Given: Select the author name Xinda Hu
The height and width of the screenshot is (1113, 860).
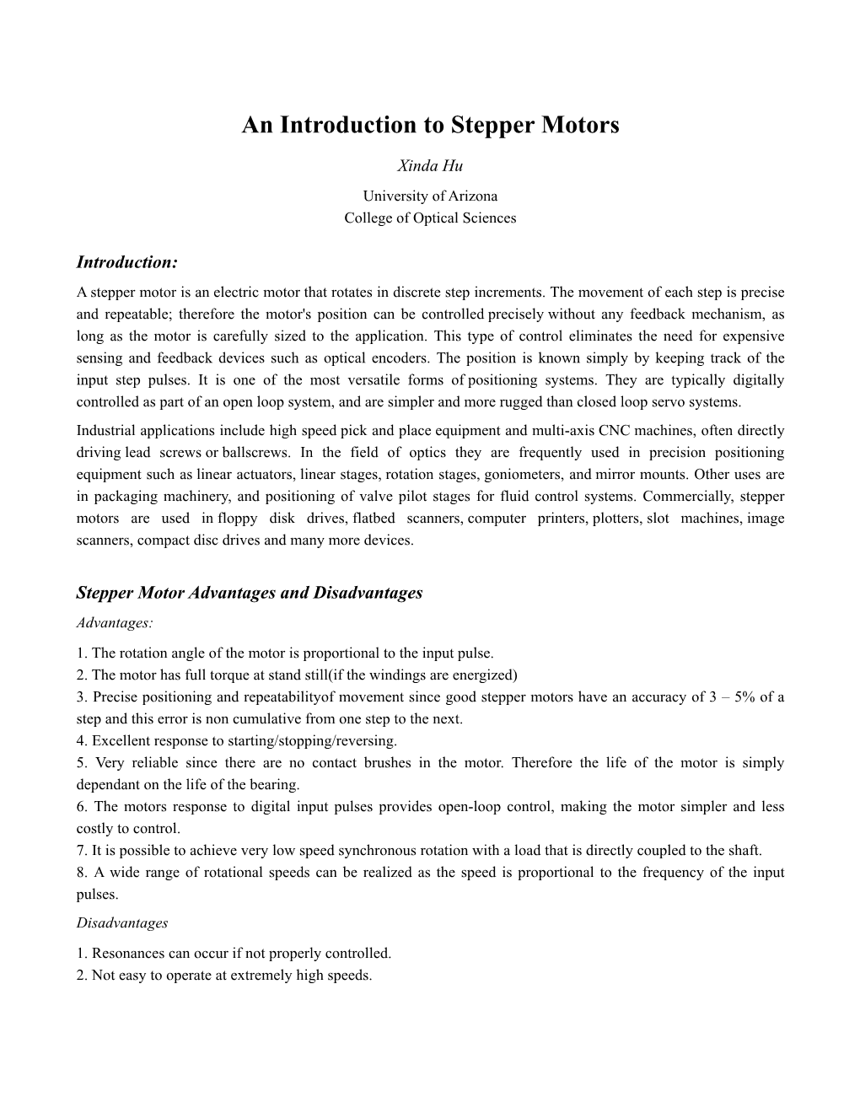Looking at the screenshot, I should (x=430, y=166).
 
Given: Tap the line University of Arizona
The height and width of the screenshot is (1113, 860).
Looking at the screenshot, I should (x=430, y=196).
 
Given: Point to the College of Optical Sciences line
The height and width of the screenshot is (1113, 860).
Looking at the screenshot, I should (x=430, y=218).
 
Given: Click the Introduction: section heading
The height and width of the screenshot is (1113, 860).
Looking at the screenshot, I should (x=127, y=262).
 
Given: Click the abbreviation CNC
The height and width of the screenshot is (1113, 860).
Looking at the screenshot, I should (x=613, y=430).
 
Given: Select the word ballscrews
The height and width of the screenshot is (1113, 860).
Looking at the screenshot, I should (x=255, y=452).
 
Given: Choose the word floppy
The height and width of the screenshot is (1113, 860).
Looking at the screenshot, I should (x=238, y=518).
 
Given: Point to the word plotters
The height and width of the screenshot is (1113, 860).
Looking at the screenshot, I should (x=616, y=518).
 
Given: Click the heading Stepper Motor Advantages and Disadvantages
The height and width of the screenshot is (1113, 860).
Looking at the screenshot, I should (x=250, y=593).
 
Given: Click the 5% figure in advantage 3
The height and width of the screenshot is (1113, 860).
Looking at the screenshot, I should (x=744, y=696).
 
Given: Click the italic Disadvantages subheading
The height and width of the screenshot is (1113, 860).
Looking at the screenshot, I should (x=122, y=922).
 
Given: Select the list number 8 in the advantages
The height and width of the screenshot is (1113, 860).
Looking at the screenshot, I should (x=80, y=872).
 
